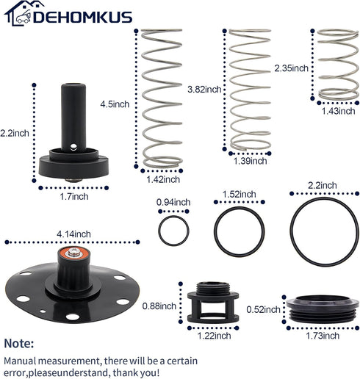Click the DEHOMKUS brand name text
82,17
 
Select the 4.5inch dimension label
115,104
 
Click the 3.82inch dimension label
204,90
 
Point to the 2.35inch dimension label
291,68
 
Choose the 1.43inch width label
338,111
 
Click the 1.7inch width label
74,196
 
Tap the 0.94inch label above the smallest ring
173,202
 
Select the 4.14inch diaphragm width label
73,234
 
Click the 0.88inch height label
159,306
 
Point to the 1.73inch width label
323,336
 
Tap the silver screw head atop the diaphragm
74,252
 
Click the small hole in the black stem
73,147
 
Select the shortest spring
338,65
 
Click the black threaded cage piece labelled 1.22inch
213,303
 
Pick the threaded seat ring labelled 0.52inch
323,309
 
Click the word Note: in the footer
19,343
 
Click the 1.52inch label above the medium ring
239,195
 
